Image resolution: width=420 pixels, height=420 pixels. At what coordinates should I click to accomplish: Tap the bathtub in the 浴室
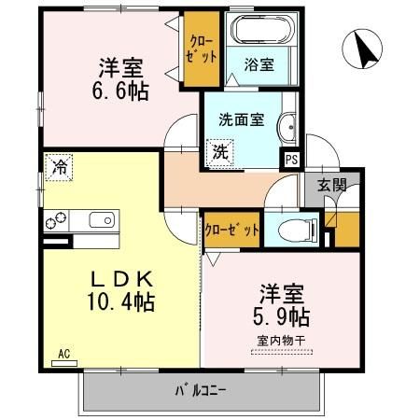click(x=261, y=31)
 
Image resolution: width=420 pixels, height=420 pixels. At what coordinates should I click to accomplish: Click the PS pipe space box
click(x=292, y=159)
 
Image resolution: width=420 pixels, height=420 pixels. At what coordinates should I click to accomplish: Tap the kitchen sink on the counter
click(x=101, y=220)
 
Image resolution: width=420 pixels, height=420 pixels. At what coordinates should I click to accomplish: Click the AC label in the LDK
click(x=64, y=356)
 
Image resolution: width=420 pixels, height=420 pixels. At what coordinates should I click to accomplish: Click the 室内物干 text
click(x=281, y=340)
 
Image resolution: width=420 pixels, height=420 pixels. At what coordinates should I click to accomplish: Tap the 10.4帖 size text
click(x=122, y=302)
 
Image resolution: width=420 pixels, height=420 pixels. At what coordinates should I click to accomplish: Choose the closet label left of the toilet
click(x=231, y=229)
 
